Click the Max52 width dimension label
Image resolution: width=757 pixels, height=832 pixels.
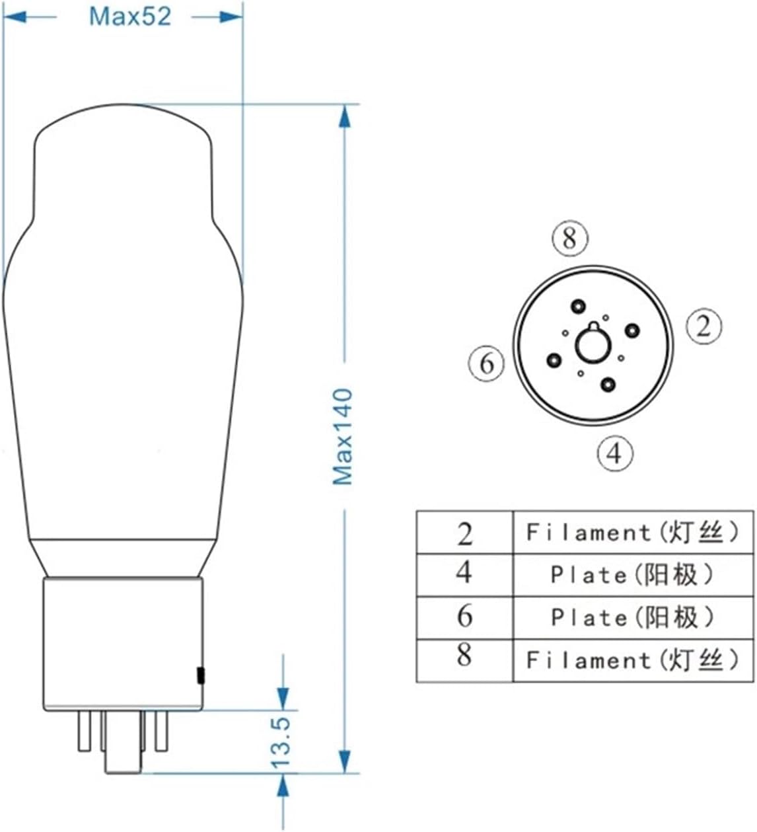point(129,16)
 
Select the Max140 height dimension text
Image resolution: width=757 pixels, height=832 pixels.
point(342,437)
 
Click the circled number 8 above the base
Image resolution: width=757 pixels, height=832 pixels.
point(569,238)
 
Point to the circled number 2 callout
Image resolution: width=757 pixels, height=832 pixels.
point(703,326)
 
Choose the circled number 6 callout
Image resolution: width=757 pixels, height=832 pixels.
point(486,363)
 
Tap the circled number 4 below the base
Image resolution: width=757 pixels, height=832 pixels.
point(614,453)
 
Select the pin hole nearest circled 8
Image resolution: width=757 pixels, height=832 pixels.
point(579,306)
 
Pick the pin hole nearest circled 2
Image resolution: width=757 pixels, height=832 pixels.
point(632,330)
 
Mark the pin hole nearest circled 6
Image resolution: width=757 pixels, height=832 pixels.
point(554,360)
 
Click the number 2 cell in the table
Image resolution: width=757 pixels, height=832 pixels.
point(464,533)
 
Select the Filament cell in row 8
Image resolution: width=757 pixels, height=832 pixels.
point(632,660)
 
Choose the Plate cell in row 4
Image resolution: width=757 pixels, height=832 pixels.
point(632,575)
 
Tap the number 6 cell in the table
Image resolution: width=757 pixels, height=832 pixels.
point(464,617)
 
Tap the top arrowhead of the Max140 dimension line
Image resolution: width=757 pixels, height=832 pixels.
point(343,116)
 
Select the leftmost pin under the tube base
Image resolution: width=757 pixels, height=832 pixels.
point(84,730)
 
